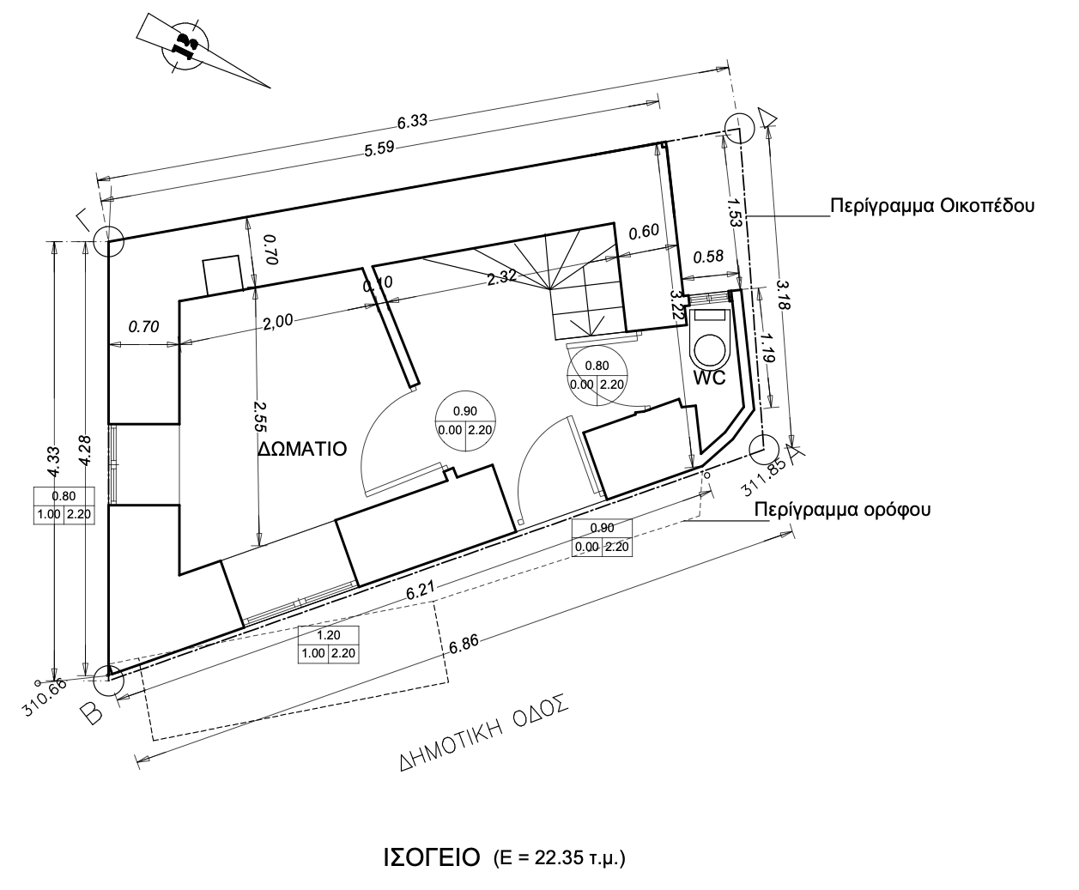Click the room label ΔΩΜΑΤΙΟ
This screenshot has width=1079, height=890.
302,449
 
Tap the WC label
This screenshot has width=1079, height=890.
709,378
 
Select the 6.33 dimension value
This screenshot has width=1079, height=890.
412,121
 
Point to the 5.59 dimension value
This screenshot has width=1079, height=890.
379,148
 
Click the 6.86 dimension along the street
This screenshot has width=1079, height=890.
464,644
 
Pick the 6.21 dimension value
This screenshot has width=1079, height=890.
420,590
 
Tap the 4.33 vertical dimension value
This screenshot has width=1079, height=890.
54,461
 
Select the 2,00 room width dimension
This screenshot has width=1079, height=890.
278,322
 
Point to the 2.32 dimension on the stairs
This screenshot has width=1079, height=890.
502,277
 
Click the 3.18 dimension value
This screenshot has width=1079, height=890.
784,294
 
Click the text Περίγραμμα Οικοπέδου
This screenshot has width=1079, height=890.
932,206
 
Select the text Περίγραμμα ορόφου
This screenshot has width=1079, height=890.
842,509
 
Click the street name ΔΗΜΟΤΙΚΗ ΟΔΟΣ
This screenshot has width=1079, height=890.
484,732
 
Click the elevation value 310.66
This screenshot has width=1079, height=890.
45,697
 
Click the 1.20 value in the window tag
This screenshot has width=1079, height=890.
328,635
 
